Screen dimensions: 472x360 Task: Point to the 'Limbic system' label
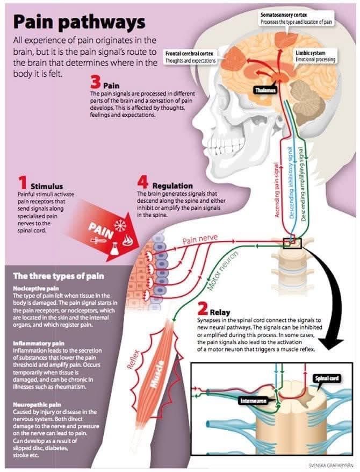(309, 53)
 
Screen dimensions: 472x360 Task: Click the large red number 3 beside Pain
(96, 83)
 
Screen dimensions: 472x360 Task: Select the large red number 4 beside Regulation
(143, 184)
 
